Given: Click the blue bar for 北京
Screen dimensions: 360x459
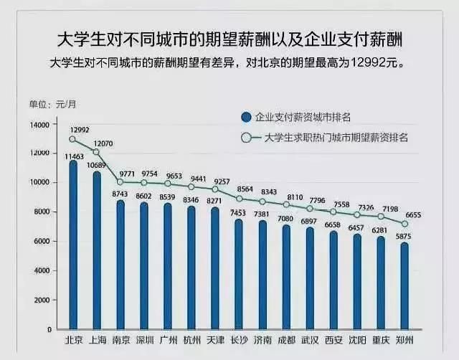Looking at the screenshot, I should point(72,244).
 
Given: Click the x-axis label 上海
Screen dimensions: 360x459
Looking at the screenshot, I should point(96,339).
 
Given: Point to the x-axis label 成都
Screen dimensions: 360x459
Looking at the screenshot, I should point(286,339).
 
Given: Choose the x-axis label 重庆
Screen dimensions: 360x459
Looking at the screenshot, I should point(381,339).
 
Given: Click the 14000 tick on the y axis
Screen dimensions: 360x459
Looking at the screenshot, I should point(39,124).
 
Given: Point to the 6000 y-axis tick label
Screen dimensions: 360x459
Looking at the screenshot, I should point(42,242).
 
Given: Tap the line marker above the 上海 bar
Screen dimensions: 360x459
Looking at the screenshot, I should point(96,151).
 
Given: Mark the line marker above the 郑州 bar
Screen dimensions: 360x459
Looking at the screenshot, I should point(404,224).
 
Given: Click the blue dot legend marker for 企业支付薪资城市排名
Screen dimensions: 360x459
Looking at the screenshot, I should point(246,117).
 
